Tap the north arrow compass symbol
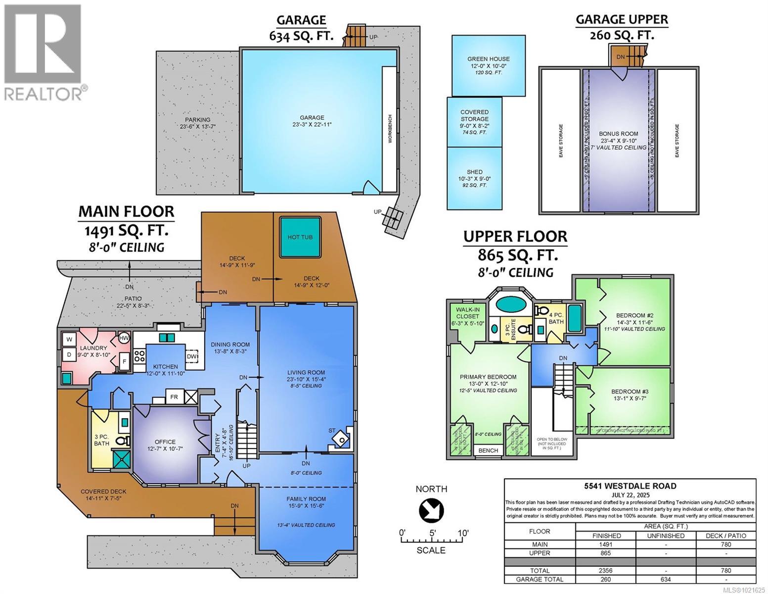[431, 510]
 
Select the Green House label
[488, 59]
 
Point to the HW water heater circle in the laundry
[123, 339]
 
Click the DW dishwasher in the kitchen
[192, 356]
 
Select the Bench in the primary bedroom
[488, 450]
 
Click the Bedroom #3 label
[629, 391]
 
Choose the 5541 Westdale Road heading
[630, 486]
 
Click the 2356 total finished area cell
[606, 570]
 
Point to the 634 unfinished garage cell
[666, 579]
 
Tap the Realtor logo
[44, 52]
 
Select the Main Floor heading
[126, 211]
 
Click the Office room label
[165, 442]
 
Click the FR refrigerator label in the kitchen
[174, 397]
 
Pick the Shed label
[474, 172]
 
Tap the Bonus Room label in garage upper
[618, 134]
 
